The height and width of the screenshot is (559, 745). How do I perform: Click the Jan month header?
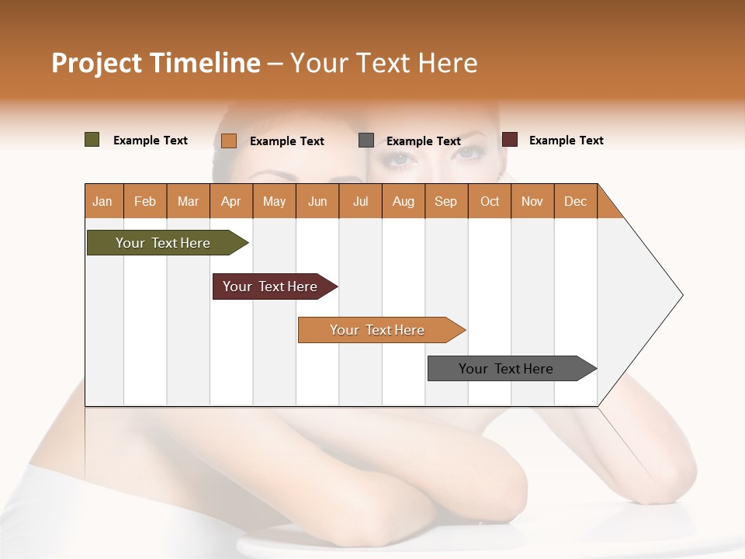point(102,201)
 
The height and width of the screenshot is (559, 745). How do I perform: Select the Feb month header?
point(145,201)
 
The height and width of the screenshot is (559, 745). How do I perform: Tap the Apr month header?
point(230,201)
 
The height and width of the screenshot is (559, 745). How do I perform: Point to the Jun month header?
point(317,201)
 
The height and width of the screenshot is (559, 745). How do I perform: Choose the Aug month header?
point(403,201)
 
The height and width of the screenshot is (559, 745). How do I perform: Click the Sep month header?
point(445,201)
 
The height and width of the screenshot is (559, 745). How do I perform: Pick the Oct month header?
point(490,201)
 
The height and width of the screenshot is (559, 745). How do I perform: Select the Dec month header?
point(575,201)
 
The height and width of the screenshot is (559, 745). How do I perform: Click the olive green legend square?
point(92,140)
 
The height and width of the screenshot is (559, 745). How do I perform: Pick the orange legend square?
point(229,141)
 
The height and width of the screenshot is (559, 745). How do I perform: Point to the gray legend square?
point(366,141)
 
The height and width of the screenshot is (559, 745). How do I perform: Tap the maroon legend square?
point(510,140)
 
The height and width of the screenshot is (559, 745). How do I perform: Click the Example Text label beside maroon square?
point(566,141)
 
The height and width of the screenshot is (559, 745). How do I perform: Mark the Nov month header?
point(532,201)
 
